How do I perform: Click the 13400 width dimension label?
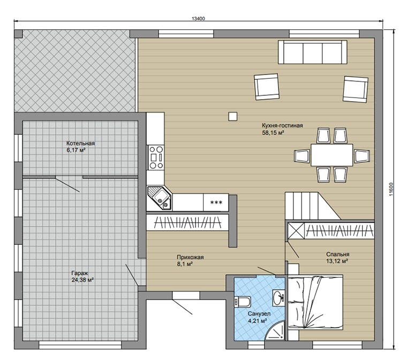tap(198, 18)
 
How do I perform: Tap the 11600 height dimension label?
tap(391, 190)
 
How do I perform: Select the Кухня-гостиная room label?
tap(282, 125)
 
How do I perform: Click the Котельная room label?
tap(80, 144)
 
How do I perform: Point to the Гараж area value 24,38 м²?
tap(82, 280)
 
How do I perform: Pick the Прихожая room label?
tap(190, 257)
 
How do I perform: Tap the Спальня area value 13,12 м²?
tap(337, 261)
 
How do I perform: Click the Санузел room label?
tap(259, 314)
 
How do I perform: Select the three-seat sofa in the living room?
tap(313, 52)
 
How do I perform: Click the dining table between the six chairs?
tap(331, 155)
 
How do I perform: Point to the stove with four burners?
tap(156, 157)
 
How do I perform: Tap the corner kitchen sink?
tap(159, 198)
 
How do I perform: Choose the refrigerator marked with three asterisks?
tap(216, 202)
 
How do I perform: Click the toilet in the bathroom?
tap(243, 302)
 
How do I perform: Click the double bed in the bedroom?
tap(315, 302)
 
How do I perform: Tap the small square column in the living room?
tap(233, 117)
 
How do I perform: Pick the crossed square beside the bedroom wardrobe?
tap(296, 231)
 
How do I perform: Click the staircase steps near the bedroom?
tap(302, 206)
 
